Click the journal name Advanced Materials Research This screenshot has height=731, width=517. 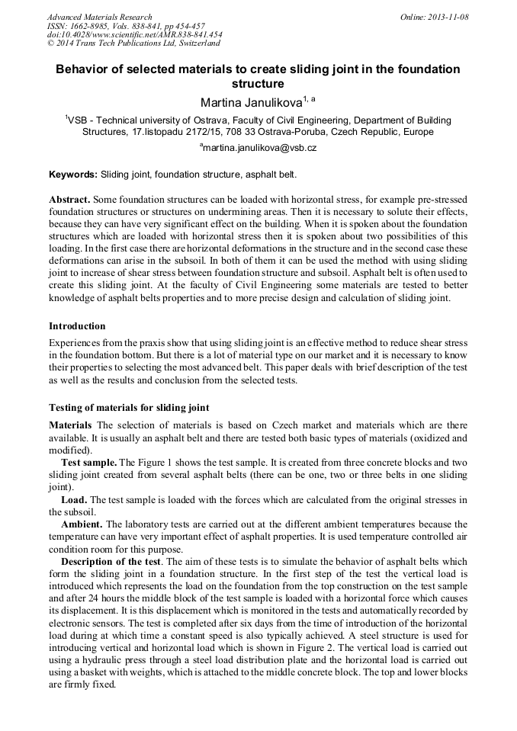click(x=99, y=17)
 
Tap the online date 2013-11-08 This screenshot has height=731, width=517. click(x=445, y=17)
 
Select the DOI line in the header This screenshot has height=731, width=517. click(x=134, y=34)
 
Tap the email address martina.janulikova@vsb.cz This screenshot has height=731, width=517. click(x=259, y=147)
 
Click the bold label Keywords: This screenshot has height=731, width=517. click(x=73, y=175)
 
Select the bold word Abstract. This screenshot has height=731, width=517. click(x=69, y=198)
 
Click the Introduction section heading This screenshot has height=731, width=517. click(x=77, y=326)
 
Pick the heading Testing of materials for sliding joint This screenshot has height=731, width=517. click(x=129, y=407)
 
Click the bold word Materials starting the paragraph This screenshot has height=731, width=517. click(x=70, y=425)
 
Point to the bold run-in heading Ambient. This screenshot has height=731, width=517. click(x=82, y=524)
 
